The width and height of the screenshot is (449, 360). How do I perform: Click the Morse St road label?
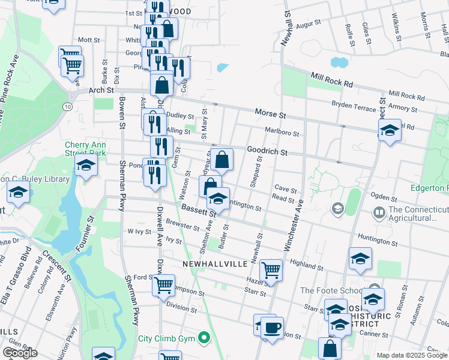pos(269,112)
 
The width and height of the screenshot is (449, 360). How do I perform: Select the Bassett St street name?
pos(197,210)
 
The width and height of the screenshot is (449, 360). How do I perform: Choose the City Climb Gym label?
pos(168,338)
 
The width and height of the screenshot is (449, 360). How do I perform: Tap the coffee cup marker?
pos(272,329)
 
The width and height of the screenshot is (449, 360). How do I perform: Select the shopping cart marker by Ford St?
pos(163,286)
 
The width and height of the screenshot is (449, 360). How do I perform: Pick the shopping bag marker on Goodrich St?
pos(221,160)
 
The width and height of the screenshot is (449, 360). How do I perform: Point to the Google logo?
pos(20,353)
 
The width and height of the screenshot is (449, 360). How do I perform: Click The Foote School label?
pos(324,290)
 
